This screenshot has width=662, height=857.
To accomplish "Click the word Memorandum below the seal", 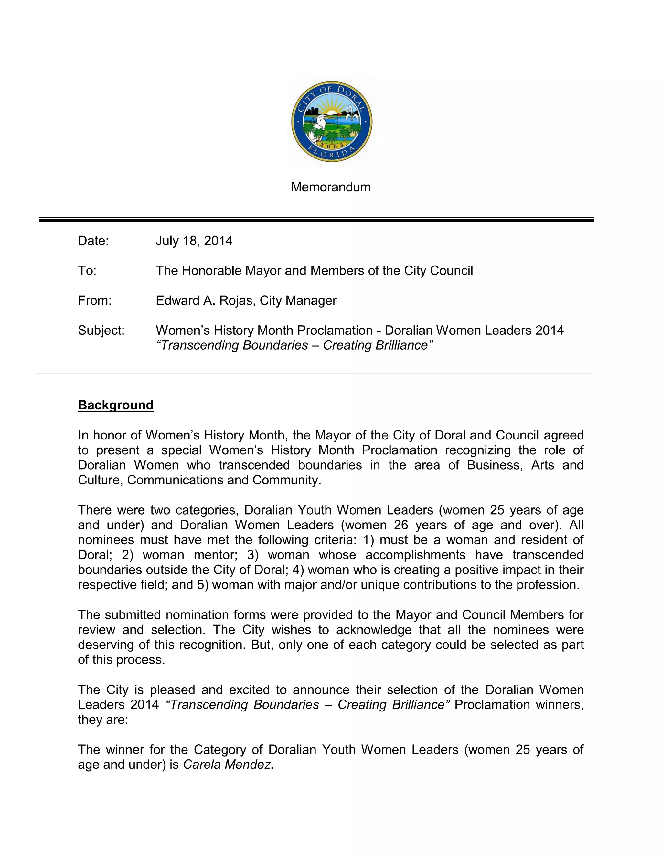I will [331, 187].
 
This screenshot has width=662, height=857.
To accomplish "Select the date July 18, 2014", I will [194, 241].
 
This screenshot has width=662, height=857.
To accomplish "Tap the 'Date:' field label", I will [93, 241].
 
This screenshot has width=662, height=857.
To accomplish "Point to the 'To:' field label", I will [87, 271].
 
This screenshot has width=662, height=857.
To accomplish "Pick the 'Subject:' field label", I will [101, 331].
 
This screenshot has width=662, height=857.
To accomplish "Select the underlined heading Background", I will [116, 405].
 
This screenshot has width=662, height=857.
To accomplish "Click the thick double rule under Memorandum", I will [316, 220].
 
